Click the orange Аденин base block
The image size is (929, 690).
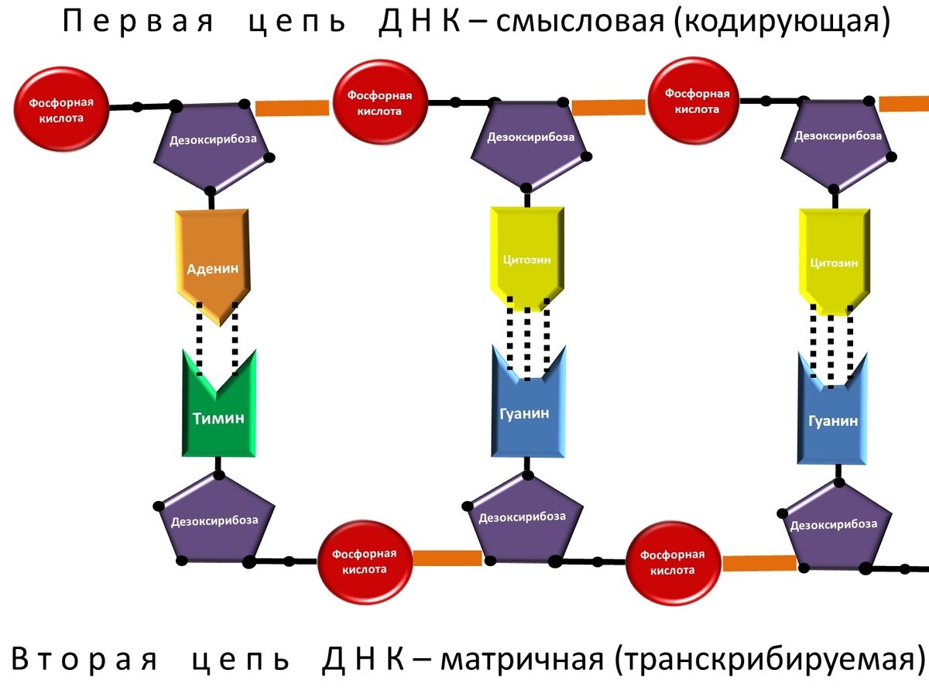coord(212,263)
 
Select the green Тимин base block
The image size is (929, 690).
coord(218,414)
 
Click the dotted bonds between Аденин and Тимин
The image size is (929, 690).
coord(217,337)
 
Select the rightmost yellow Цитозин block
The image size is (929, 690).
coord(833,259)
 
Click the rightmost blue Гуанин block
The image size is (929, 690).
coord(832,418)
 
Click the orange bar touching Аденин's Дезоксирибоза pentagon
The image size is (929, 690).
coord(292,108)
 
